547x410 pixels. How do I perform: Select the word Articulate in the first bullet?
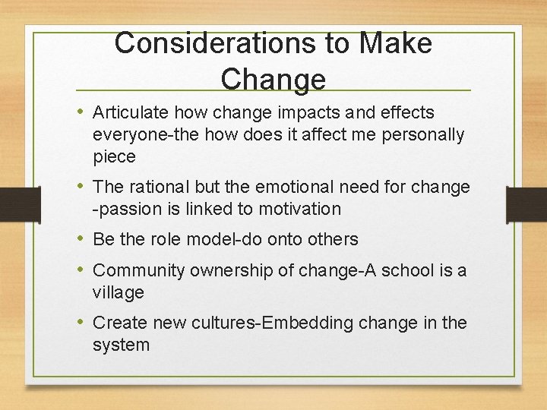click(x=130, y=113)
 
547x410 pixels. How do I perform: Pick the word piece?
click(x=114, y=157)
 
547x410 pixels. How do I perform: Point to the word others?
click(x=332, y=239)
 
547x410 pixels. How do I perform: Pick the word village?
click(x=118, y=292)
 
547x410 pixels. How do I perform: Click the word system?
click(x=121, y=345)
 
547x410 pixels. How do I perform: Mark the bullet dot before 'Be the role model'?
click(x=81, y=239)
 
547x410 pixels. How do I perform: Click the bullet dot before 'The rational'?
click(x=81, y=187)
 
